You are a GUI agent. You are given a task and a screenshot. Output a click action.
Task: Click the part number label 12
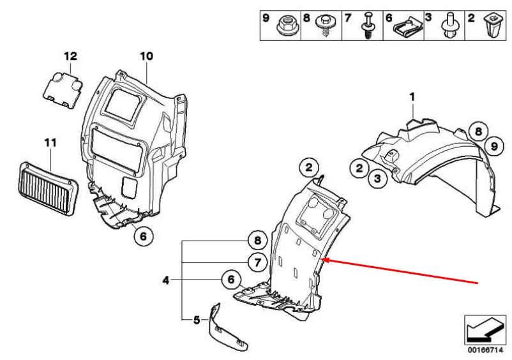(x=70, y=56)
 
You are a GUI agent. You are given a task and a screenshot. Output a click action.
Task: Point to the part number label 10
(x=147, y=56)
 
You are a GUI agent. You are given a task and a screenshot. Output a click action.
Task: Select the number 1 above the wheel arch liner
(x=412, y=96)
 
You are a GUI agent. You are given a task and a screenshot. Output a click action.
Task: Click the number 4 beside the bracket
(x=166, y=279)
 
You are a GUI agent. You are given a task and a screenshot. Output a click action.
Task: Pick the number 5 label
(x=197, y=319)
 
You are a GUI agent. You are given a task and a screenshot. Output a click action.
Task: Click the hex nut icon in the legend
(x=285, y=26)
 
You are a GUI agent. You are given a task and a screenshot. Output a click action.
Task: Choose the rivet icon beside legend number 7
(x=368, y=27)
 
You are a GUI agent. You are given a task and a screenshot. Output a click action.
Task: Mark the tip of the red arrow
(x=325, y=259)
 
